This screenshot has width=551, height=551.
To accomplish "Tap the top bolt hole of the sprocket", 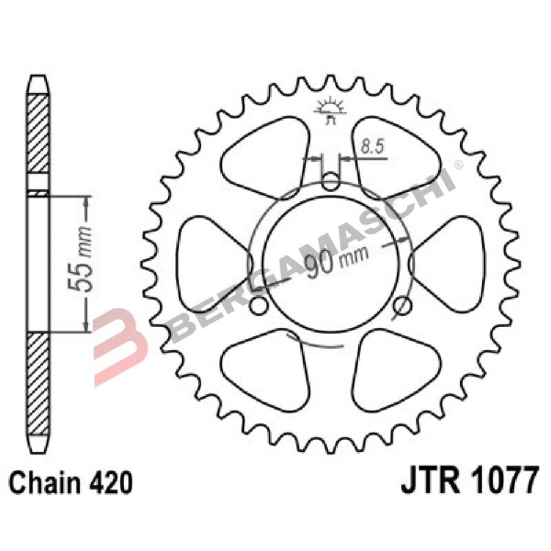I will pyautogui.click(x=331, y=182).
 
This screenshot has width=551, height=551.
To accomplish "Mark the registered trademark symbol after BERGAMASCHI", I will pyautogui.click(x=458, y=165).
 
